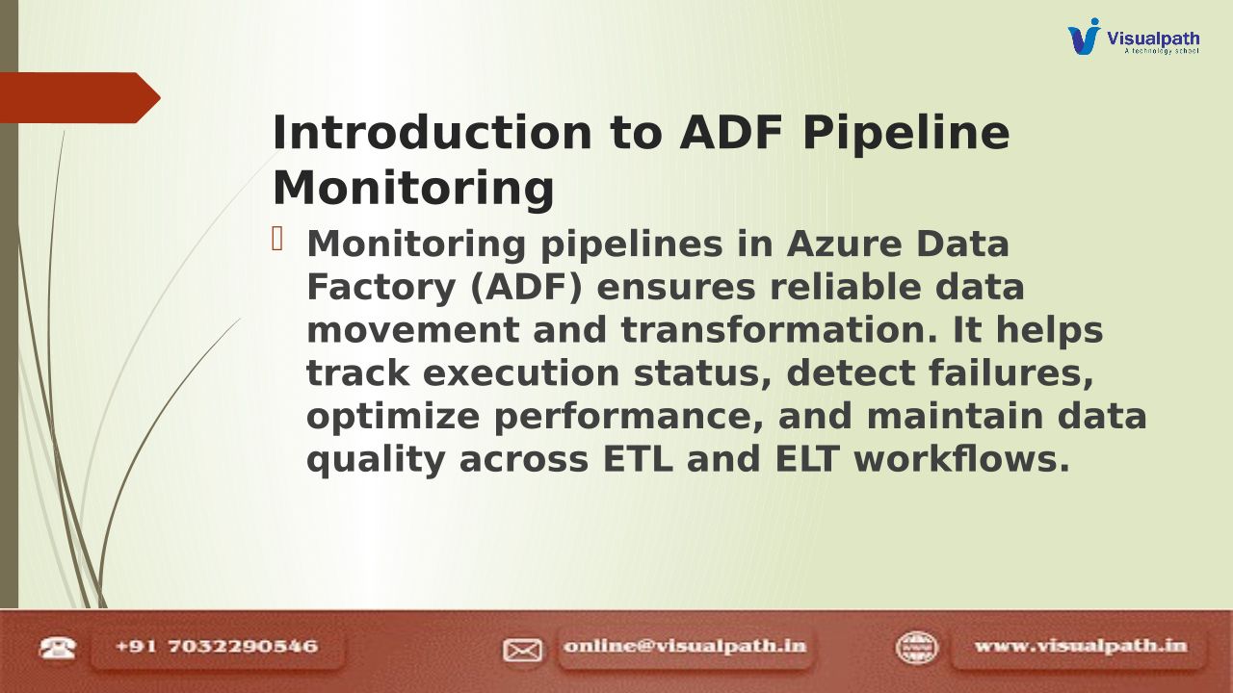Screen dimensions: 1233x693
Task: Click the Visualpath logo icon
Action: [x=1084, y=37]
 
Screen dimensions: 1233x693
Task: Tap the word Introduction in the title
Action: [x=432, y=133]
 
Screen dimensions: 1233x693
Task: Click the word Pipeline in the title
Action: [x=906, y=134]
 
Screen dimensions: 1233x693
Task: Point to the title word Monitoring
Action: [x=413, y=189]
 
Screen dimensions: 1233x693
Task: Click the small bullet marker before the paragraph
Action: [x=277, y=240]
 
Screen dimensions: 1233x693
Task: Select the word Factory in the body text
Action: [x=380, y=288]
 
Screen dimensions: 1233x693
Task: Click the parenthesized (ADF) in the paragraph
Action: [x=526, y=288]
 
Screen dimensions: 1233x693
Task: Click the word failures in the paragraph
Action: [x=1011, y=373]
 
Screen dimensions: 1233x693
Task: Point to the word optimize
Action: [x=393, y=418]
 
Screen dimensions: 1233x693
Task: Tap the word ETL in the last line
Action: [x=638, y=459]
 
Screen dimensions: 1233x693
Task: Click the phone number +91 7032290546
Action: [x=217, y=646]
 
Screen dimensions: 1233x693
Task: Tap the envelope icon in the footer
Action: [x=522, y=650]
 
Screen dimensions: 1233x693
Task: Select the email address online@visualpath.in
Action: [x=685, y=646]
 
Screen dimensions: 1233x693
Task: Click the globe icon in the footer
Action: [x=916, y=648]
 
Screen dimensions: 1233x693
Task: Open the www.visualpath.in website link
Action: [x=1081, y=646]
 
